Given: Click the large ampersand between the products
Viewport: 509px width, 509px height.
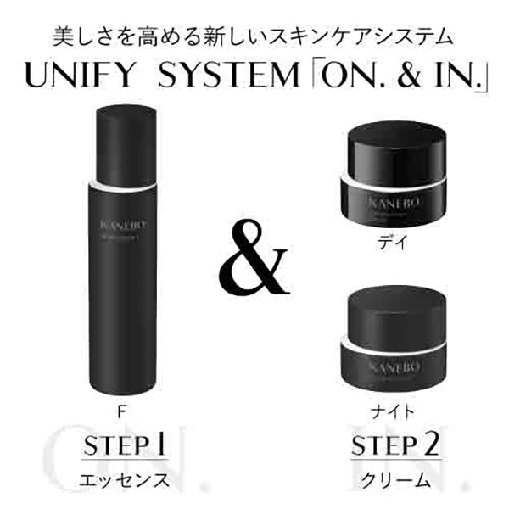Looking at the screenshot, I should point(253,256).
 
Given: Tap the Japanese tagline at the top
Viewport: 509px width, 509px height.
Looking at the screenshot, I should point(254,37).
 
